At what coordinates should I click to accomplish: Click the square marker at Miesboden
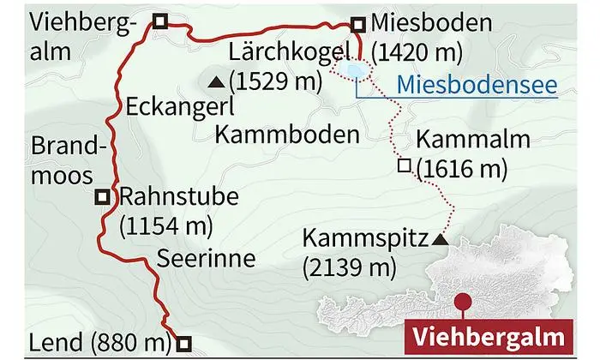359,25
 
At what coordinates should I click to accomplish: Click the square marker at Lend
182,344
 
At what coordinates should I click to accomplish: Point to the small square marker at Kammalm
402,165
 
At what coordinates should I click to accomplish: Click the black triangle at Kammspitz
441,240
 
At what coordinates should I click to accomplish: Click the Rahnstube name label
178,198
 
